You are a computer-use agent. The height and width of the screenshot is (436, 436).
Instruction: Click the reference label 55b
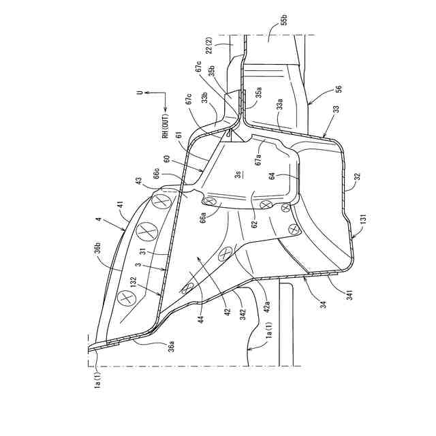(283, 31)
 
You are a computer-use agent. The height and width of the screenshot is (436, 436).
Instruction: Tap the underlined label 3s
(238, 174)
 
